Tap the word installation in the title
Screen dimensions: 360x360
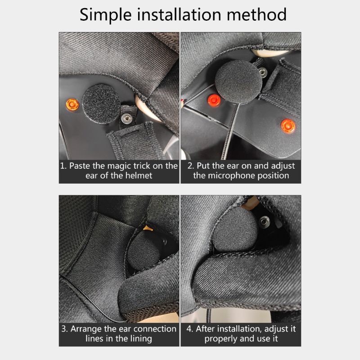(x=179, y=14)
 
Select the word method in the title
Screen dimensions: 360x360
(x=256, y=14)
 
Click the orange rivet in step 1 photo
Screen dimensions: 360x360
(x=72, y=104)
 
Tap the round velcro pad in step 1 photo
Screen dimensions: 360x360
(x=101, y=104)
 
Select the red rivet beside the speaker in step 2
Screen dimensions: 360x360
(x=214, y=100)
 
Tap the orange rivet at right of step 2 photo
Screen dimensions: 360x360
(x=288, y=126)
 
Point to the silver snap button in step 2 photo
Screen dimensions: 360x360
(x=263, y=72)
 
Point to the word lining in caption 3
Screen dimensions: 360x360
(x=141, y=339)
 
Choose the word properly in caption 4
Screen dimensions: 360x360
(x=220, y=339)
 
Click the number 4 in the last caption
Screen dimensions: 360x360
(x=189, y=329)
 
